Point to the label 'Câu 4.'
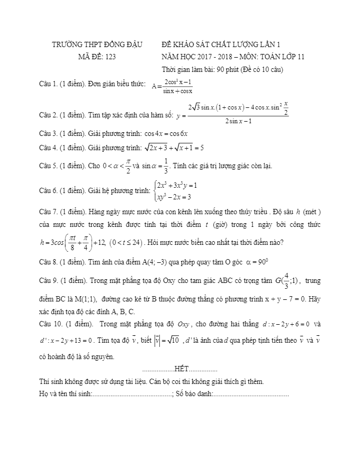[48, 148]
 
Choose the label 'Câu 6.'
[48, 190]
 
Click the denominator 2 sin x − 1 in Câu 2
[238, 121]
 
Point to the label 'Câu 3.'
[48, 134]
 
